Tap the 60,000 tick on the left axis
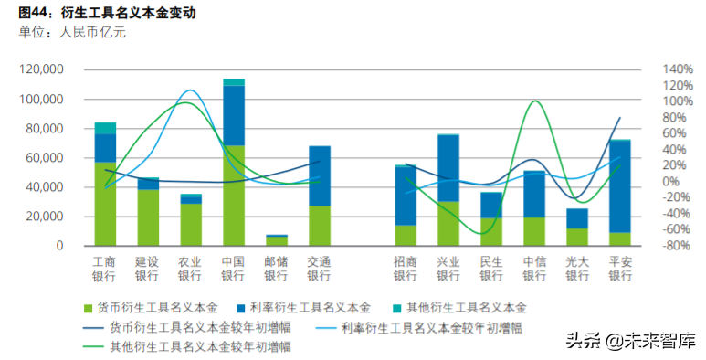(45, 158)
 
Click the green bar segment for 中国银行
(234, 195)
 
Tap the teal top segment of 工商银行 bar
(105, 128)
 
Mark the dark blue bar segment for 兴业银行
(448, 168)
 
